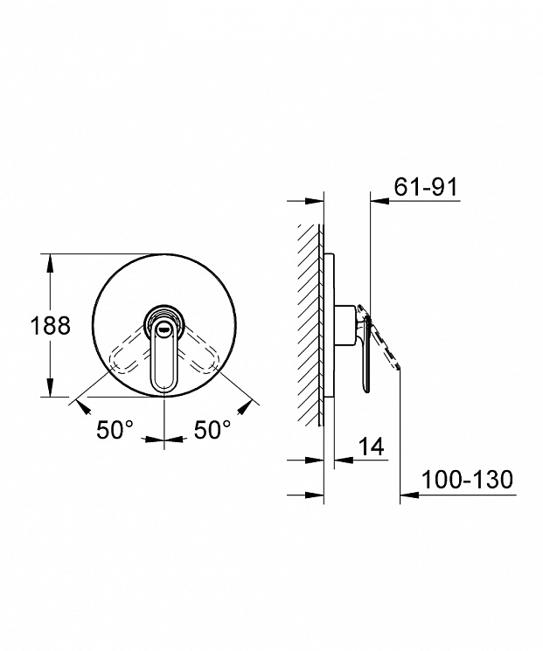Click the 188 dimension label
50,325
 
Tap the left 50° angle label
115,429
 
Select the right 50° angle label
212,429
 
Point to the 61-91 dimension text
426,186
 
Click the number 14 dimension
371,447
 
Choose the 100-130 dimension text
468,480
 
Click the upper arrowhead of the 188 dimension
50,263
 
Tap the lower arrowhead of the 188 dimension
50,387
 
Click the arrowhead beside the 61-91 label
379,201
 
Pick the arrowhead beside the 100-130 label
409,495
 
